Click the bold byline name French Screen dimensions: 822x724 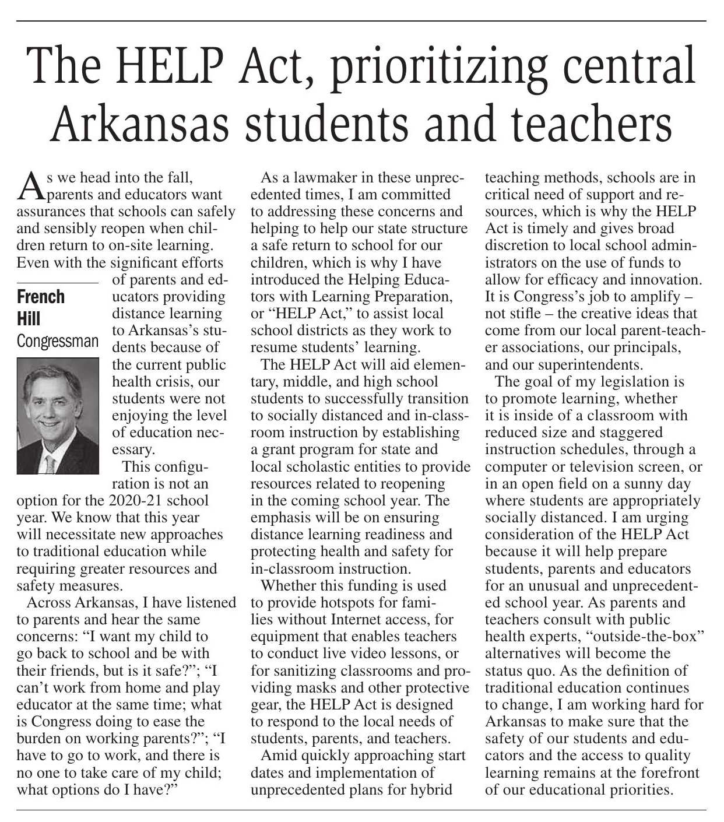click(x=41, y=297)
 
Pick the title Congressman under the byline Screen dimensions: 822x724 click(x=58, y=340)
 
